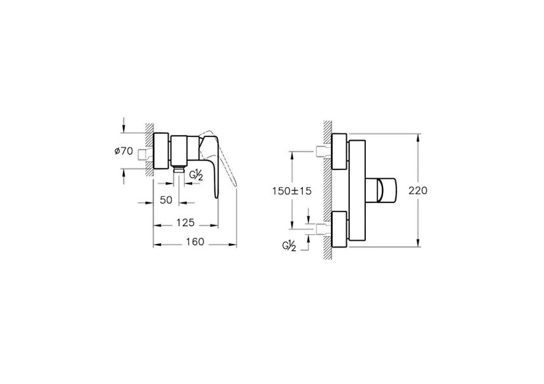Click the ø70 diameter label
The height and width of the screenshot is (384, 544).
123,152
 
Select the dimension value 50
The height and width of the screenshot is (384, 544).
166,200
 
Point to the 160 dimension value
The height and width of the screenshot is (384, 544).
195,242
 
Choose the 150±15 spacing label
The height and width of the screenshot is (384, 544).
291,191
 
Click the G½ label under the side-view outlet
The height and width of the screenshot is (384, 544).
197,173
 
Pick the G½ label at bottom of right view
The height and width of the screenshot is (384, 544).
289,245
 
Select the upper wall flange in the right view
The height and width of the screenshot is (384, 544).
338,152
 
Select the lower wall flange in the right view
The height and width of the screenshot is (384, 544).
338,230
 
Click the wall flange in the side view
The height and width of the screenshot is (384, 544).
161,152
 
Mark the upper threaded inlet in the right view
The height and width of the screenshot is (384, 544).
324,151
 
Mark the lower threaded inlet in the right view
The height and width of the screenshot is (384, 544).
324,229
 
